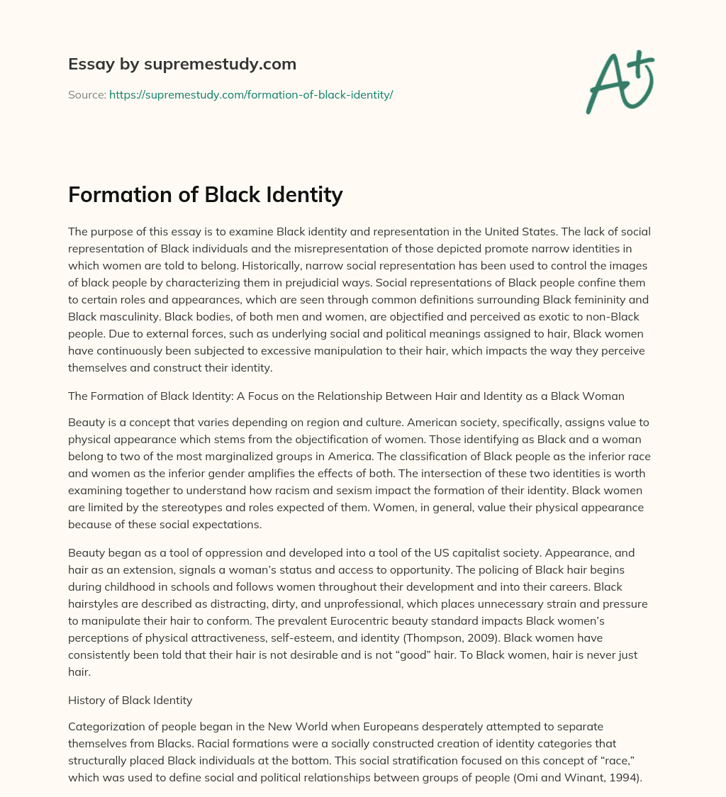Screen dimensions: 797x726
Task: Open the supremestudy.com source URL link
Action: pos(251,94)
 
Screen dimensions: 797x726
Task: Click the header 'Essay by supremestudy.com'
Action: pos(182,65)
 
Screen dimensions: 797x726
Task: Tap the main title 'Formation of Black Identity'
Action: pos(206,194)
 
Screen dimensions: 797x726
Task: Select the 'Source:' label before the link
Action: pos(86,94)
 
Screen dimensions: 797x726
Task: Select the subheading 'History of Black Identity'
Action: pos(130,700)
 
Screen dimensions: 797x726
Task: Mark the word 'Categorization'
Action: pos(104,727)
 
